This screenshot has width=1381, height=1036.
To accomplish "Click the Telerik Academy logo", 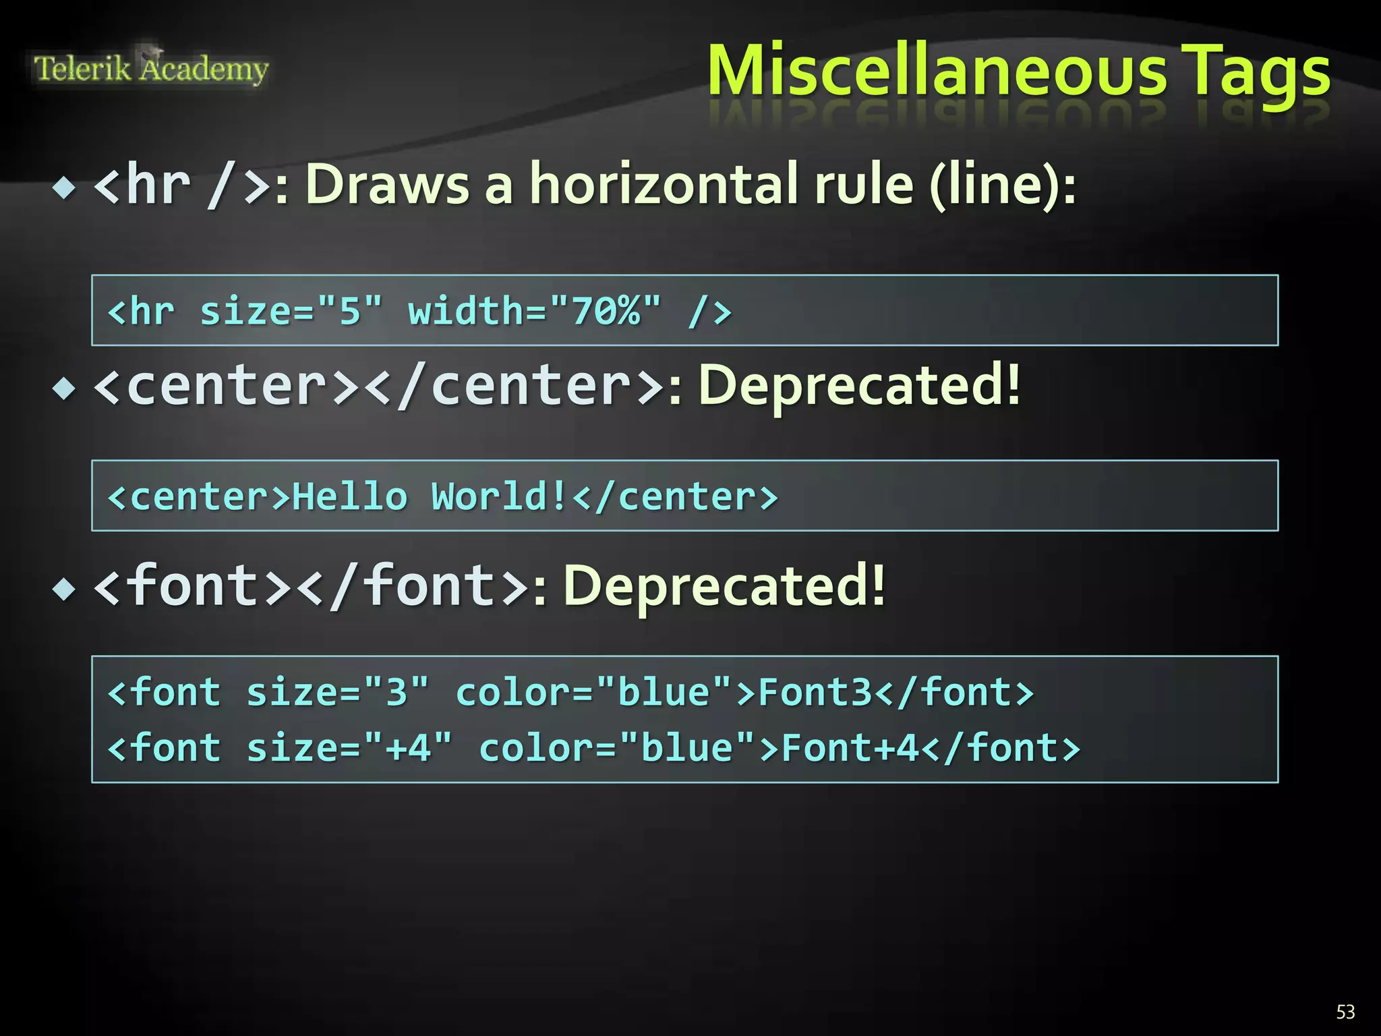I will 151,69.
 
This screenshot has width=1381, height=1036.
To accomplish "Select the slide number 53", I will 1345,1012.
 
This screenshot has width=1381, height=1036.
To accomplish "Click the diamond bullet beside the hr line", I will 65,188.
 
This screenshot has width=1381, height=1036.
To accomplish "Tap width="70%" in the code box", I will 535,312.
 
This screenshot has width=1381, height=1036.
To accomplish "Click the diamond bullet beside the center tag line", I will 65,388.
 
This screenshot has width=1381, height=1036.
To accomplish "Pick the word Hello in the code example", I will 350,497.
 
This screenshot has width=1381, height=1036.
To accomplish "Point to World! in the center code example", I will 500,497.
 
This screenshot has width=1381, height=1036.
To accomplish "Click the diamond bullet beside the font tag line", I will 65,589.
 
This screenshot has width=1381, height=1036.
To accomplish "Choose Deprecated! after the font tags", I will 724,586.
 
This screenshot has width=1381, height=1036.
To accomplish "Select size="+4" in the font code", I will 349,748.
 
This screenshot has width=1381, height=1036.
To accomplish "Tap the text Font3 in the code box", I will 816,693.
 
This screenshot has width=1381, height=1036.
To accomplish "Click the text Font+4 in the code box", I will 850,748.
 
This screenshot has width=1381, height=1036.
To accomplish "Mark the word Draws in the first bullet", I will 387,184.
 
